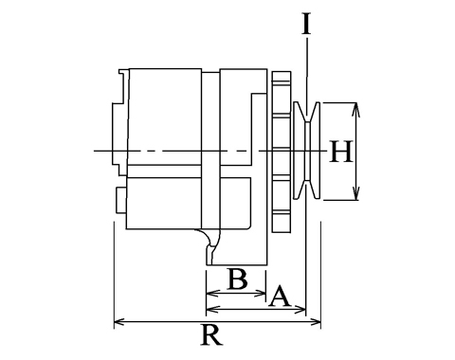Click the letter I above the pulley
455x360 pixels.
click(x=306, y=24)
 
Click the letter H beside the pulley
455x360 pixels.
click(x=340, y=152)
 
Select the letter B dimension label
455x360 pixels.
click(x=238, y=279)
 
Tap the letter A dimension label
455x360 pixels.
click(x=280, y=297)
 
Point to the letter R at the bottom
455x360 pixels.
click(x=212, y=334)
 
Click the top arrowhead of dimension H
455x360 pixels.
click(x=356, y=108)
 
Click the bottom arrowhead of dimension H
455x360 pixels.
click(x=356, y=194)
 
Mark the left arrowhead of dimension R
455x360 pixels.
click(x=118, y=322)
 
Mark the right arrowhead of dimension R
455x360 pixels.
click(x=316, y=322)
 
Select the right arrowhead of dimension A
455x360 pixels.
click(x=300, y=310)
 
